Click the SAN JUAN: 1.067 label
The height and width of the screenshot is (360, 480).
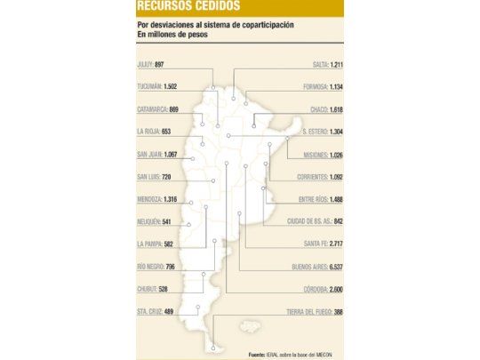(x=157, y=155)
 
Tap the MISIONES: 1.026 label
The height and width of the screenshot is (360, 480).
(x=322, y=155)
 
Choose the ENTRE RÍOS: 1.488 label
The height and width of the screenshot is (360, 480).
(x=319, y=199)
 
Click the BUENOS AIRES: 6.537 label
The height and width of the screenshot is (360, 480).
(x=316, y=266)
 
